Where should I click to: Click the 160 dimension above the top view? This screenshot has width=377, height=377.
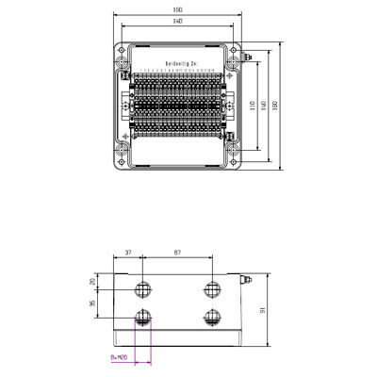tap(178, 9)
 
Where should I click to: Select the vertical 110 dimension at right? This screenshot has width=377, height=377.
tap(253, 105)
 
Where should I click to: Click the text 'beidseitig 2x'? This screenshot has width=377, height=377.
tap(178, 64)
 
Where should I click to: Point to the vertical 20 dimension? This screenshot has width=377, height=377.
tap(93, 281)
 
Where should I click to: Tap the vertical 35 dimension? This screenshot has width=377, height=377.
tap(93, 303)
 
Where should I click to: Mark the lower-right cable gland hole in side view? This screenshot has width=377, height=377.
tap(213, 316)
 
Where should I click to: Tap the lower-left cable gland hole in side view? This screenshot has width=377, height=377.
tap(143, 316)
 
